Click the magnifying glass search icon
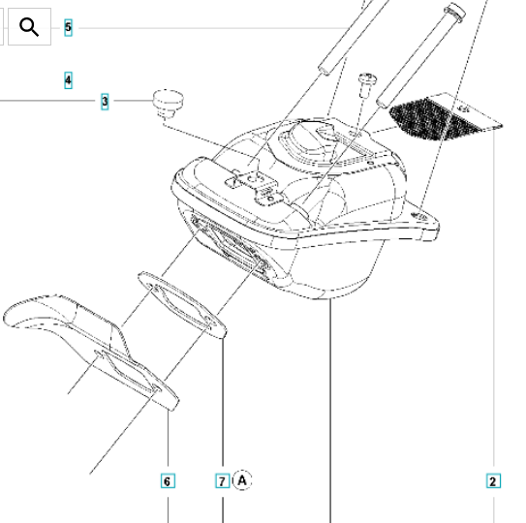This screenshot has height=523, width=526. click(29, 27)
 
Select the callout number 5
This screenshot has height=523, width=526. click(68, 27)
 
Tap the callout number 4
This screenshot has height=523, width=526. click(68, 80)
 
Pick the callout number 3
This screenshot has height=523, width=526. click(105, 101)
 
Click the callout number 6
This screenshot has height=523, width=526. click(168, 481)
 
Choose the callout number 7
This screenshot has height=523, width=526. click(222, 481)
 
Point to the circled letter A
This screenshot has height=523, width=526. click(242, 480)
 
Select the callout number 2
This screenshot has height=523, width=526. click(493, 481)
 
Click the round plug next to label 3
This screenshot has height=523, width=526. click(168, 103)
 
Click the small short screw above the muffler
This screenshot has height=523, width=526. click(367, 84)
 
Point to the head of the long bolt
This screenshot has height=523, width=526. click(455, 11)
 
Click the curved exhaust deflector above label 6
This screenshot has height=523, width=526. click(91, 349)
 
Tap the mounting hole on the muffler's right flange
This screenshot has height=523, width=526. click(419, 216)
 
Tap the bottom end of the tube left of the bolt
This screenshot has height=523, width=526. click(325, 69)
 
